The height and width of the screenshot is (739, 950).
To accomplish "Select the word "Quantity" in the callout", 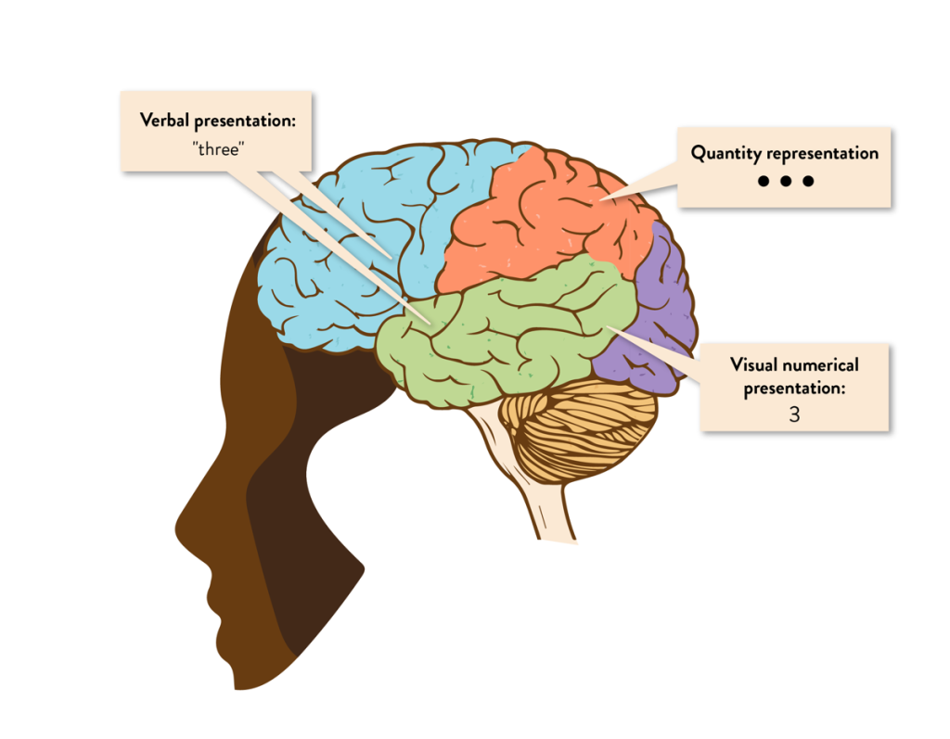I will [725, 154].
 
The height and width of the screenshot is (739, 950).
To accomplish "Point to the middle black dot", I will [786, 182].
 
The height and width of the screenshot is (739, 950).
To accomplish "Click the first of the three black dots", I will [764, 182].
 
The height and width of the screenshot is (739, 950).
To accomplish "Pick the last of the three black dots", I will [808, 182].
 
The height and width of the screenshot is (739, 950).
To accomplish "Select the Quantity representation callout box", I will [784, 167].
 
